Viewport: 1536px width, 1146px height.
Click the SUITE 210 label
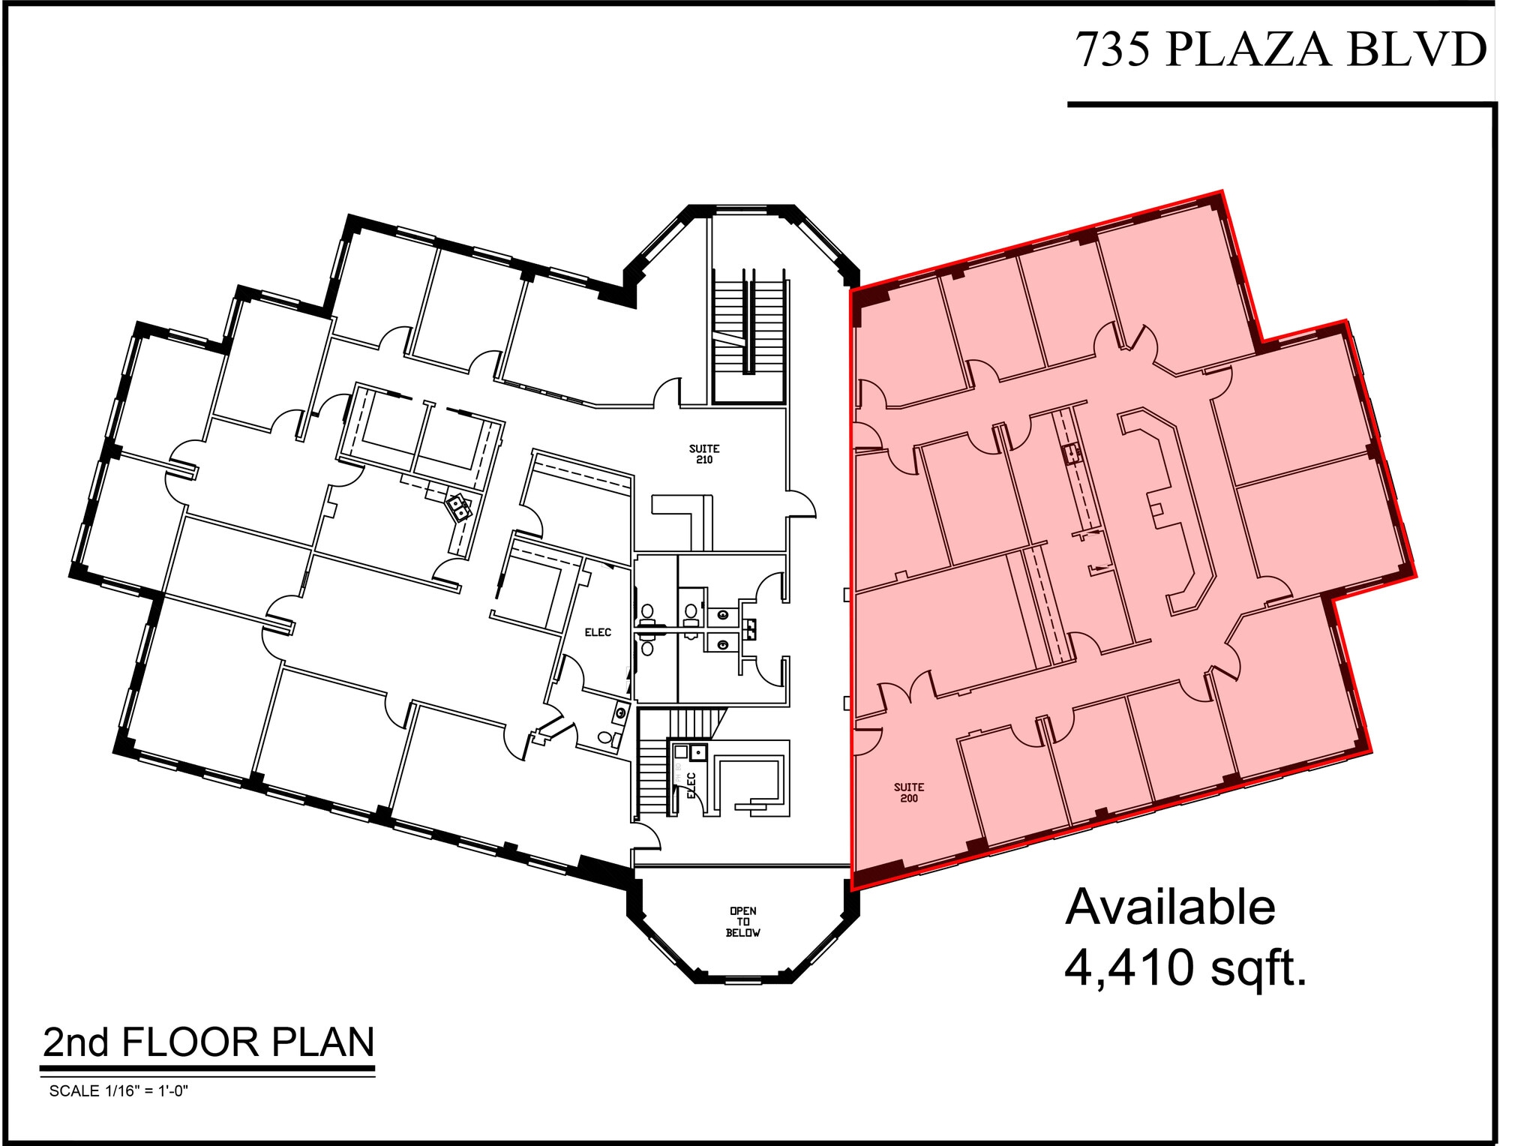pos(704,454)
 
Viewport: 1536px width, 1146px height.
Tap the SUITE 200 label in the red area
pos(908,792)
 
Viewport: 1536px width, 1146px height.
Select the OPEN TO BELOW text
pos(742,922)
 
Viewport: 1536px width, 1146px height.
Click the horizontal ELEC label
pos(598,632)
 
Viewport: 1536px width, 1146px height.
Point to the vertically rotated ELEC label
pos(691,785)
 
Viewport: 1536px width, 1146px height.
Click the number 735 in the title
pos(1114,50)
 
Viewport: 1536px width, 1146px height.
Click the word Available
pos(1170,907)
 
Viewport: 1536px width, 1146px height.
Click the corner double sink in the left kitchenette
pos(458,508)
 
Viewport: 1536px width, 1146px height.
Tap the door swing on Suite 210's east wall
pos(802,504)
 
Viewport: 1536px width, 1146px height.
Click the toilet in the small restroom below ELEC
pos(606,737)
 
